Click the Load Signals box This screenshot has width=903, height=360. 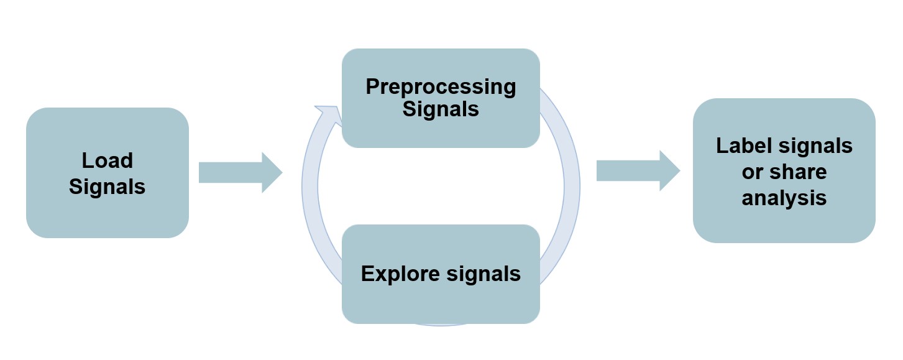(107, 173)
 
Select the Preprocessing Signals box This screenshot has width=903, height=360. (441, 98)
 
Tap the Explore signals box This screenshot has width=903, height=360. (441, 274)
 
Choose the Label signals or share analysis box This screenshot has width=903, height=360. (784, 170)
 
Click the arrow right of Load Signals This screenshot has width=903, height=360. (241, 172)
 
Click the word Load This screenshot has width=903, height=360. (107, 160)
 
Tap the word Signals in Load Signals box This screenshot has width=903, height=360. (107, 186)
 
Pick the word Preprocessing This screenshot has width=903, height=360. (441, 86)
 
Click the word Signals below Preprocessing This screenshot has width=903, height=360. (441, 109)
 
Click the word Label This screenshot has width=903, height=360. (743, 145)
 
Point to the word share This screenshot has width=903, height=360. (799, 172)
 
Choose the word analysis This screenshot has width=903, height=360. (784, 197)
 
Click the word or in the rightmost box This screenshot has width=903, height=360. (753, 172)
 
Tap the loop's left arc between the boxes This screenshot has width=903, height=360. (309, 187)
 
